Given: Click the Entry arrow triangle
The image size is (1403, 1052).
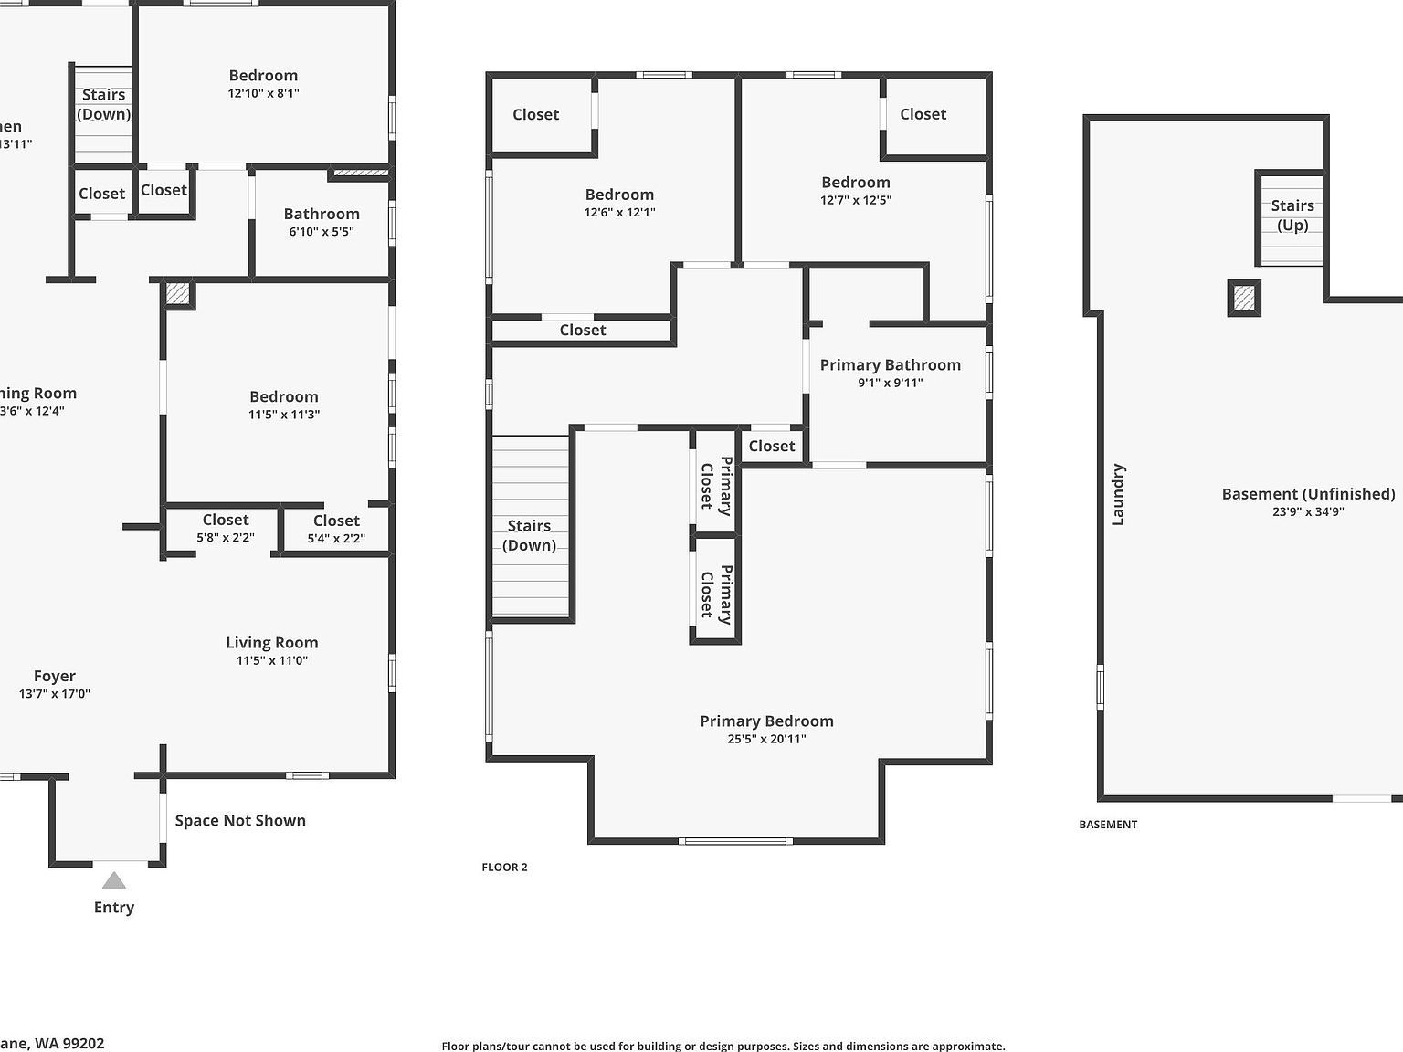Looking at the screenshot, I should [x=113, y=880].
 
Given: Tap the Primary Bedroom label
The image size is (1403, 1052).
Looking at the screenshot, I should [x=766, y=721].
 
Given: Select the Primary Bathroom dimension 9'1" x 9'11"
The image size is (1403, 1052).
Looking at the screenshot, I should [x=890, y=383].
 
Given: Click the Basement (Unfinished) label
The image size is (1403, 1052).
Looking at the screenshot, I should [x=1308, y=494].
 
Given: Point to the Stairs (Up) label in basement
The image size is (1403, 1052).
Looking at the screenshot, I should [x=1292, y=216].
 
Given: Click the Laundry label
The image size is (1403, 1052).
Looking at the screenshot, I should [x=1118, y=494].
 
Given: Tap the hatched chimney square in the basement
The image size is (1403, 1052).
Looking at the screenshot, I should [x=1243, y=298].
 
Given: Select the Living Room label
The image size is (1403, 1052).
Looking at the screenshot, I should [x=272, y=643].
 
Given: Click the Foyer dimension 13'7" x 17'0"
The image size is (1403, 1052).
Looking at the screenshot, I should [x=55, y=694].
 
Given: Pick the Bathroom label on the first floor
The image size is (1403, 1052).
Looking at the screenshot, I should [x=322, y=214].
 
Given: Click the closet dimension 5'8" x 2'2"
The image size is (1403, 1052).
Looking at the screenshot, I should [x=226, y=538].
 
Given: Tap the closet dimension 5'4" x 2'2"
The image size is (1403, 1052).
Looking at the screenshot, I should [x=336, y=539].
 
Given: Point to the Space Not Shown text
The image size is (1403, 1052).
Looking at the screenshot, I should [x=240, y=820].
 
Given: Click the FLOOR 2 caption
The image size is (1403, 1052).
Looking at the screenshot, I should [x=504, y=868].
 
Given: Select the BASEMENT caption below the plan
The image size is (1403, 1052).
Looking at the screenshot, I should [x=1108, y=825].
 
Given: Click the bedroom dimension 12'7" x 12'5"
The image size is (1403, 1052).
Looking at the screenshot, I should [x=855, y=200].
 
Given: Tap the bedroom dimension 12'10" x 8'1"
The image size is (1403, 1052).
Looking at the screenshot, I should [x=263, y=93].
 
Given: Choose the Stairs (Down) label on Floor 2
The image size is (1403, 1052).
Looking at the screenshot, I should [x=529, y=535].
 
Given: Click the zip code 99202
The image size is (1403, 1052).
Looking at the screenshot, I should [x=81, y=1043].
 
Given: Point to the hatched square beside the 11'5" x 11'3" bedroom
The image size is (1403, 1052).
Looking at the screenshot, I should [x=178, y=294].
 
